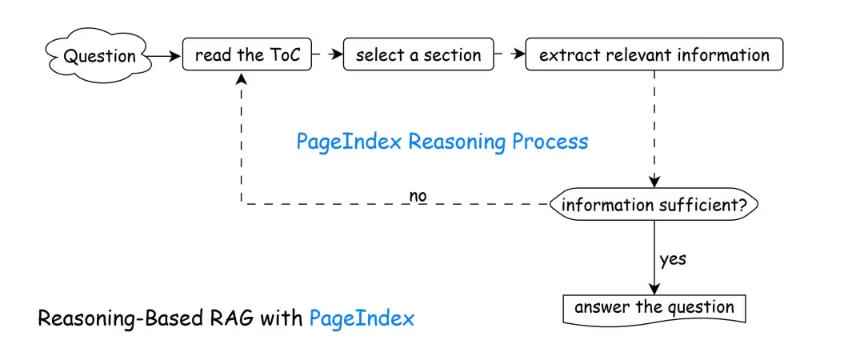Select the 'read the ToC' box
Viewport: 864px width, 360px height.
(247, 55)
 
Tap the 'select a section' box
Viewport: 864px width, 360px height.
(418, 55)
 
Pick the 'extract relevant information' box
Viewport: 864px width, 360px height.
(654, 55)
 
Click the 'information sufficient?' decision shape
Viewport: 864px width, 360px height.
(654, 205)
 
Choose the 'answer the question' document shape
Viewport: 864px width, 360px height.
(654, 308)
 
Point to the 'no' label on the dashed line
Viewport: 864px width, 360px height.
(418, 196)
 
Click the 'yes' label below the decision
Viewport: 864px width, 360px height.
(673, 259)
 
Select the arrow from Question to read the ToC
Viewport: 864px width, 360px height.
(163, 56)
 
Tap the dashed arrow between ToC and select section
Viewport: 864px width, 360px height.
(326, 55)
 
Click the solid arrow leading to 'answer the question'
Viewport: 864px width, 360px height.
(654, 256)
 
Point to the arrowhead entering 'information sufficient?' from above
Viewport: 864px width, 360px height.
(654, 182)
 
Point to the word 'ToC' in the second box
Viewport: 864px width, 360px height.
(285, 55)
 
